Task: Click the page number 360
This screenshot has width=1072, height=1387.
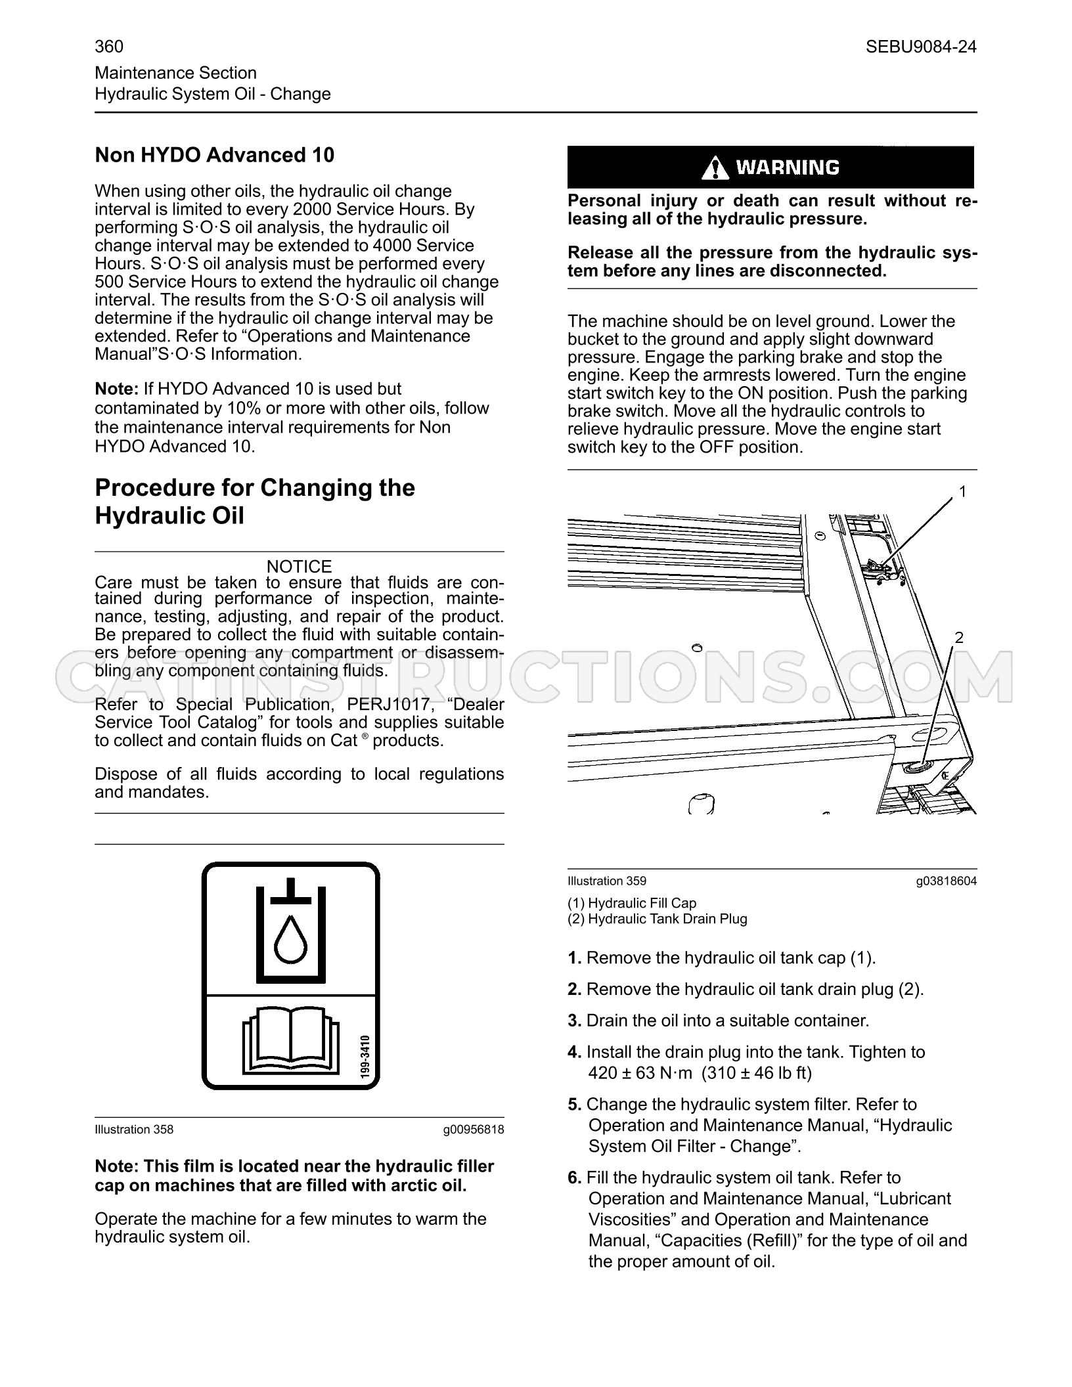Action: tap(109, 47)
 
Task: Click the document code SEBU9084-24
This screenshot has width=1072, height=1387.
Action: tap(921, 47)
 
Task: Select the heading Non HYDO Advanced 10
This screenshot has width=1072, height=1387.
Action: tap(215, 155)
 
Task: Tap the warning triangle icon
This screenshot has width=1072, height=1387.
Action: tap(715, 168)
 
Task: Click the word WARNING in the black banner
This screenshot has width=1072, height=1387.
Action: tap(788, 168)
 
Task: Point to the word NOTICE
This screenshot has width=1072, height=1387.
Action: tap(300, 566)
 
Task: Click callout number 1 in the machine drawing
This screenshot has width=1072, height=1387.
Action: tap(962, 491)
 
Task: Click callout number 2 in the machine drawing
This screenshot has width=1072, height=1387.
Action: tap(959, 637)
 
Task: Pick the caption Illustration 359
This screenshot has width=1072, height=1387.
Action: tap(607, 881)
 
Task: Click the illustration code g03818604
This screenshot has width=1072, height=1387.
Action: tap(947, 881)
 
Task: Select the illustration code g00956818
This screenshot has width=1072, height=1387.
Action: tap(474, 1130)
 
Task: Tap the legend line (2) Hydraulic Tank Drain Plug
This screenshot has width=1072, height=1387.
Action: tap(658, 919)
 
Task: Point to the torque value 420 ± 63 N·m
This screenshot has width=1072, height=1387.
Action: tap(641, 1073)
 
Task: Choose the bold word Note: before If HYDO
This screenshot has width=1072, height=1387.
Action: tap(117, 389)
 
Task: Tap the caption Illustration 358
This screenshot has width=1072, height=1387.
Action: tap(134, 1130)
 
